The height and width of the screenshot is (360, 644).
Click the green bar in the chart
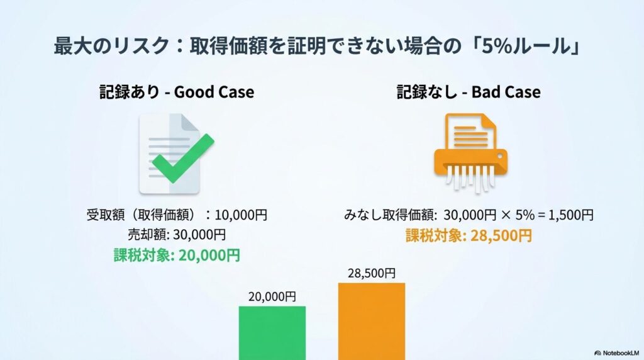(272, 333)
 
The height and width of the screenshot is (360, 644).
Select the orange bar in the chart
(372, 322)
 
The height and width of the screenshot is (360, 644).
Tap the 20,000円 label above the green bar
(272, 296)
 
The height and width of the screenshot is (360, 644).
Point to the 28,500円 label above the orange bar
(372, 273)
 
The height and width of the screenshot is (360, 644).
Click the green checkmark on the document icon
(183, 158)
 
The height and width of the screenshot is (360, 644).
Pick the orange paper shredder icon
(470, 153)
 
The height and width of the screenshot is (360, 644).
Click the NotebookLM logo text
(617, 352)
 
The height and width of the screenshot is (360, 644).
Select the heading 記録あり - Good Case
(177, 92)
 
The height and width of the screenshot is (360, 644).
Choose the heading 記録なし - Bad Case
(469, 92)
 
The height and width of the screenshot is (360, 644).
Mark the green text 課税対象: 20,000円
(177, 255)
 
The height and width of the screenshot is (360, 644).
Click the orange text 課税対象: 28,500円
(469, 235)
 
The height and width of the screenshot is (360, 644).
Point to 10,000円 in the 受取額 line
(241, 215)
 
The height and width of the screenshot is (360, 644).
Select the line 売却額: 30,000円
(177, 234)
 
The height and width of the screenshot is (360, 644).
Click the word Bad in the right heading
(486, 92)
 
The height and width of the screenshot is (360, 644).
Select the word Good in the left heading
(192, 92)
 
